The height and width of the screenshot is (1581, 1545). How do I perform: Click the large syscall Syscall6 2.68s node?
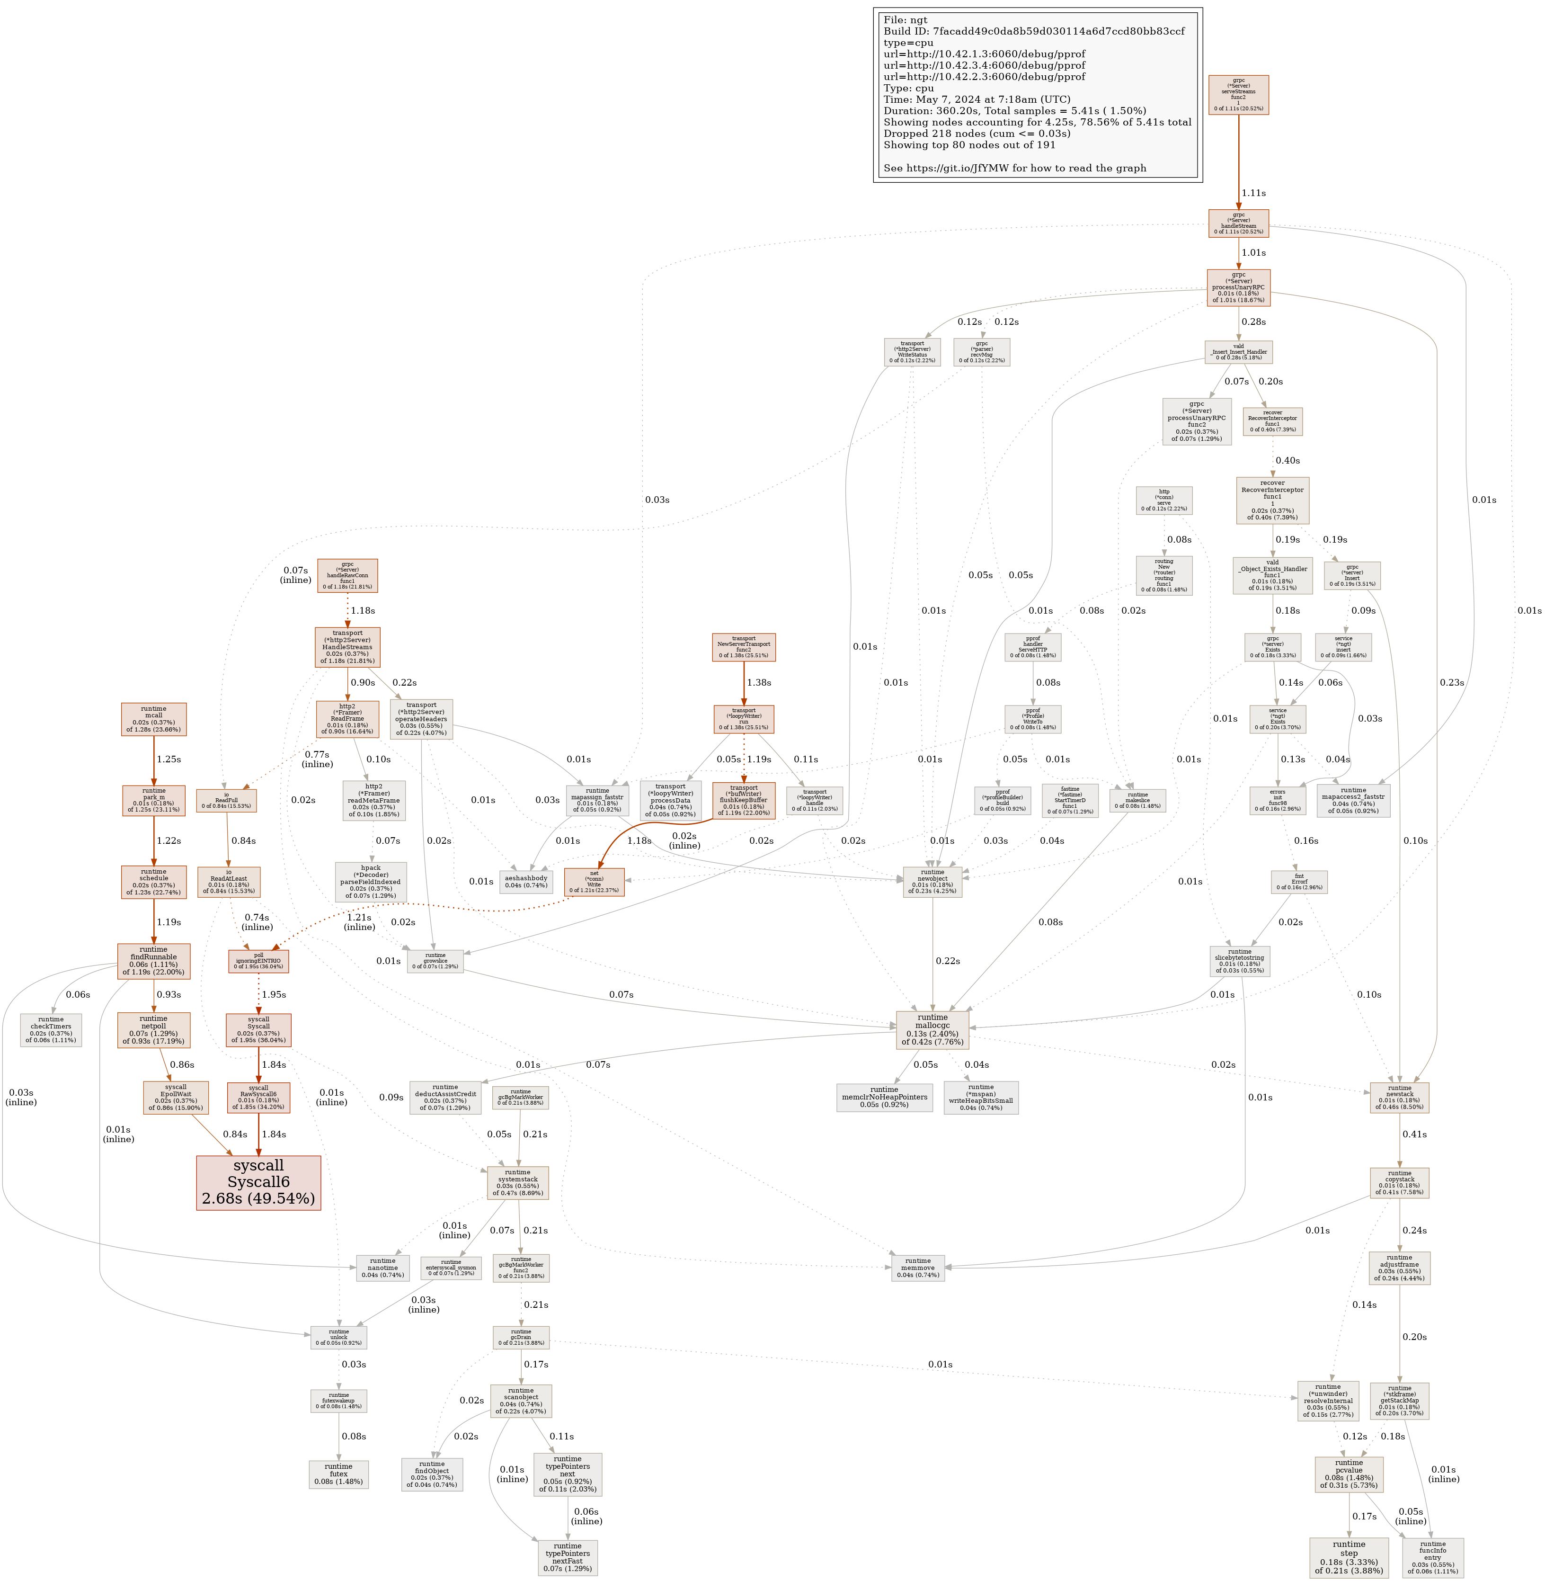pyautogui.click(x=258, y=1182)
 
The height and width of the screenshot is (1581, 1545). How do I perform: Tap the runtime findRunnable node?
pyautogui.click(x=153, y=960)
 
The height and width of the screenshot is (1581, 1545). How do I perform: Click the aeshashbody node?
pyautogui.click(x=526, y=881)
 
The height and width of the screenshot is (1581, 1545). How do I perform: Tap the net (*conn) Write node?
pyautogui.click(x=594, y=881)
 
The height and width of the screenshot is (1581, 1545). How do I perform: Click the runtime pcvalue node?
pyautogui.click(x=1349, y=1474)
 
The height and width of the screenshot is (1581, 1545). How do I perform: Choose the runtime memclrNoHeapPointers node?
pyautogui.click(x=885, y=1097)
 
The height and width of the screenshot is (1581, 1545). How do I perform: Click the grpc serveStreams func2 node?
pyautogui.click(x=1238, y=95)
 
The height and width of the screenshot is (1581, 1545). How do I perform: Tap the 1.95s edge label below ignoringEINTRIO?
pyautogui.click(x=274, y=994)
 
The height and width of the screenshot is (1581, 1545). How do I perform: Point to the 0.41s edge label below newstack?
pyautogui.click(x=1414, y=1134)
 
